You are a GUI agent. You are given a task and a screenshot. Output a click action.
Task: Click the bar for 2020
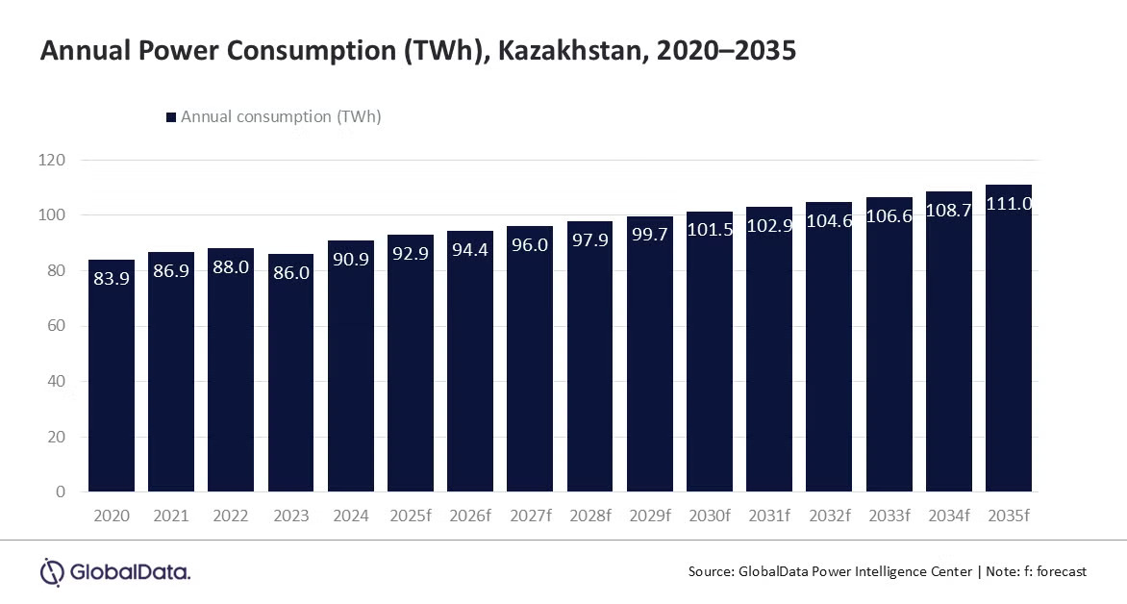[x=112, y=385]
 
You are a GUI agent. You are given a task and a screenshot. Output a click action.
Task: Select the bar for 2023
[x=291, y=385]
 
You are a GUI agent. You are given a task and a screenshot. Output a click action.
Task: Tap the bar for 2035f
[x=1009, y=365]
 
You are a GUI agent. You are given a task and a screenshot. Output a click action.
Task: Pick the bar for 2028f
[x=589, y=375]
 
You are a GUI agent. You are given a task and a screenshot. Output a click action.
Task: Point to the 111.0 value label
[x=1010, y=205]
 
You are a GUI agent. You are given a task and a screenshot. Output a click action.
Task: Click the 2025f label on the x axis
[x=411, y=516]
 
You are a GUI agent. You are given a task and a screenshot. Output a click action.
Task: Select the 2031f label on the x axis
[x=770, y=516]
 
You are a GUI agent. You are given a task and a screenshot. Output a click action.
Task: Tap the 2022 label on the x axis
[x=231, y=516]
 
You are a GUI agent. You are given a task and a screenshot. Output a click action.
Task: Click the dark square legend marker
[x=171, y=117]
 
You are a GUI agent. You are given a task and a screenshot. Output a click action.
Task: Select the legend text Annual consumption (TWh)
[x=281, y=117]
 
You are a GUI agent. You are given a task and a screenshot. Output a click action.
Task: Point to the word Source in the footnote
[x=710, y=571]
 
